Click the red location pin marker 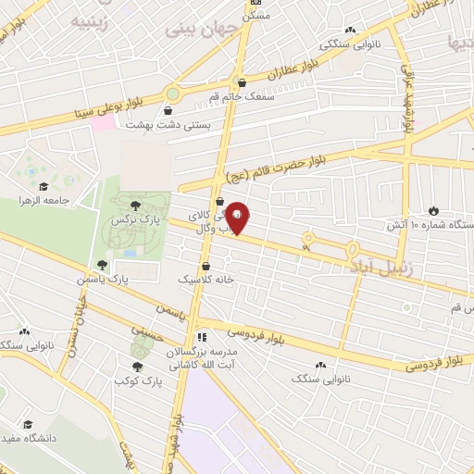pyautogui.click(x=239, y=218)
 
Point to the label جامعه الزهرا pyautogui.click(x=44, y=200)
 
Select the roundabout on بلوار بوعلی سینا pyautogui.click(x=173, y=94)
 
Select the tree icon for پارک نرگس pyautogui.click(x=136, y=206)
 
